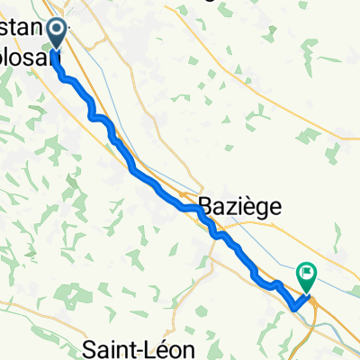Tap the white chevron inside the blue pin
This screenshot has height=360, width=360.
(57, 31)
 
